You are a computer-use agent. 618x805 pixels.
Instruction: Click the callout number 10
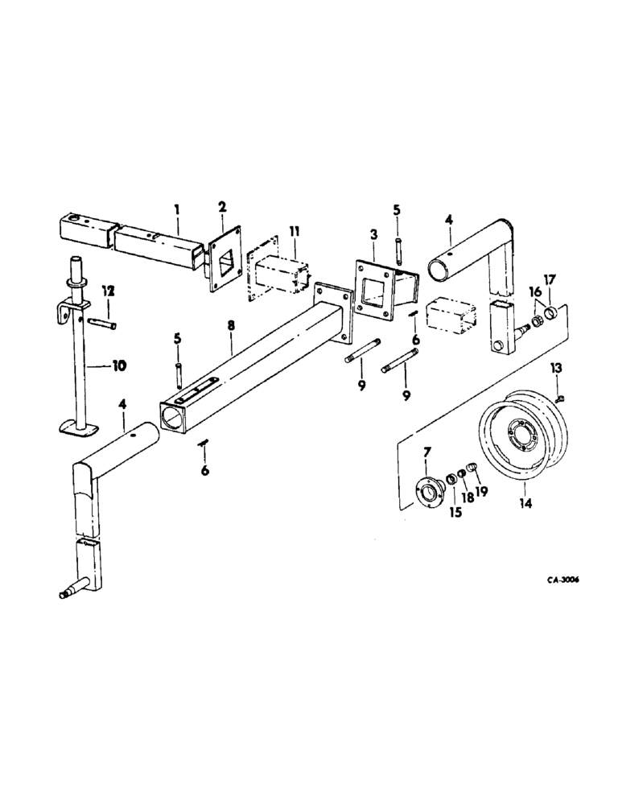117,365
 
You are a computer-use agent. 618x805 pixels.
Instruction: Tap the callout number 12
106,290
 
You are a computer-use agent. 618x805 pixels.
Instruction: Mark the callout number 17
550,280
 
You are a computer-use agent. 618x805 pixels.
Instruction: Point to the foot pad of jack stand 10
79,427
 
